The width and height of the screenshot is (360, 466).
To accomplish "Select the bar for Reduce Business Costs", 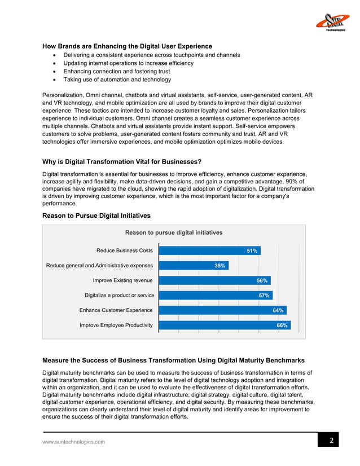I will (209, 250).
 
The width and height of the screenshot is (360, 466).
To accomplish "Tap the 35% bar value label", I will (220, 266).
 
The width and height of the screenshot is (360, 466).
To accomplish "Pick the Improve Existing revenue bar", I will (214, 280).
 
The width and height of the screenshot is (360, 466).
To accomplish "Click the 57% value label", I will (264, 296).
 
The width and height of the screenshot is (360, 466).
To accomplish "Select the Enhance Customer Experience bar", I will (222, 310).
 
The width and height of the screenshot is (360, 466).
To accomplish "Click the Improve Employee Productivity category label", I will (116, 326).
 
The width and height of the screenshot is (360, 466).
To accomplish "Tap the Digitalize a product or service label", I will (118, 296).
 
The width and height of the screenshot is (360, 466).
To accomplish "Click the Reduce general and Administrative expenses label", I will (99, 266).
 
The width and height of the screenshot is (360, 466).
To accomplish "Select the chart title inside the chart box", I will (173, 232).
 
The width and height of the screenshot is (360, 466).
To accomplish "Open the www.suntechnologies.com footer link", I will (74, 442).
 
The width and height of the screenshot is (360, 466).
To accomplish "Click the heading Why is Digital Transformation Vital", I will (122, 162).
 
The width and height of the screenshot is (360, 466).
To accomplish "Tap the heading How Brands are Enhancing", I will (128, 46).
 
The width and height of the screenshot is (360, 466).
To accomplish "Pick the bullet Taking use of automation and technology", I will (117, 80).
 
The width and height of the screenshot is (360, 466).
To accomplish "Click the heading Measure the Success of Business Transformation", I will (174, 360).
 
